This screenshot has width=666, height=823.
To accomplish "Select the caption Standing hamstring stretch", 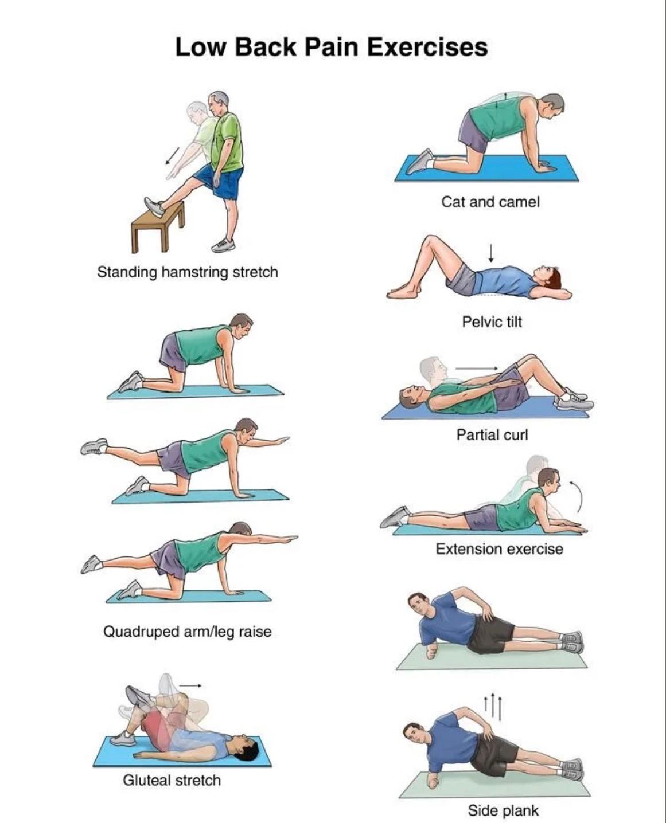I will [187, 272].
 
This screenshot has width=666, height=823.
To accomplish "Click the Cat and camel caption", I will [490, 202].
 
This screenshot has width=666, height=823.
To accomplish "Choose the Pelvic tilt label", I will [492, 322].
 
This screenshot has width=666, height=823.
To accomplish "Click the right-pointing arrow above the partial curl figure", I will [477, 368].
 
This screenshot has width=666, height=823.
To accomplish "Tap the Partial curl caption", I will [492, 435].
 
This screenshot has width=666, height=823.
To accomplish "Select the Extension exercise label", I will [499, 549].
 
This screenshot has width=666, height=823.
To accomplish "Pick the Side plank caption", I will [503, 810].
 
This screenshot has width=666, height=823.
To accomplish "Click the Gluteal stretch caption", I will [172, 780].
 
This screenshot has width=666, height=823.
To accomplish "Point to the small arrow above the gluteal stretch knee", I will [190, 685].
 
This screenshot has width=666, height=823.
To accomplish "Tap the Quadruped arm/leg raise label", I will [187, 632].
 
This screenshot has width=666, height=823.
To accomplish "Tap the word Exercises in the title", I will [427, 46].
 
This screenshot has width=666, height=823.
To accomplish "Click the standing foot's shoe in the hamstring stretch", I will [224, 245].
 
